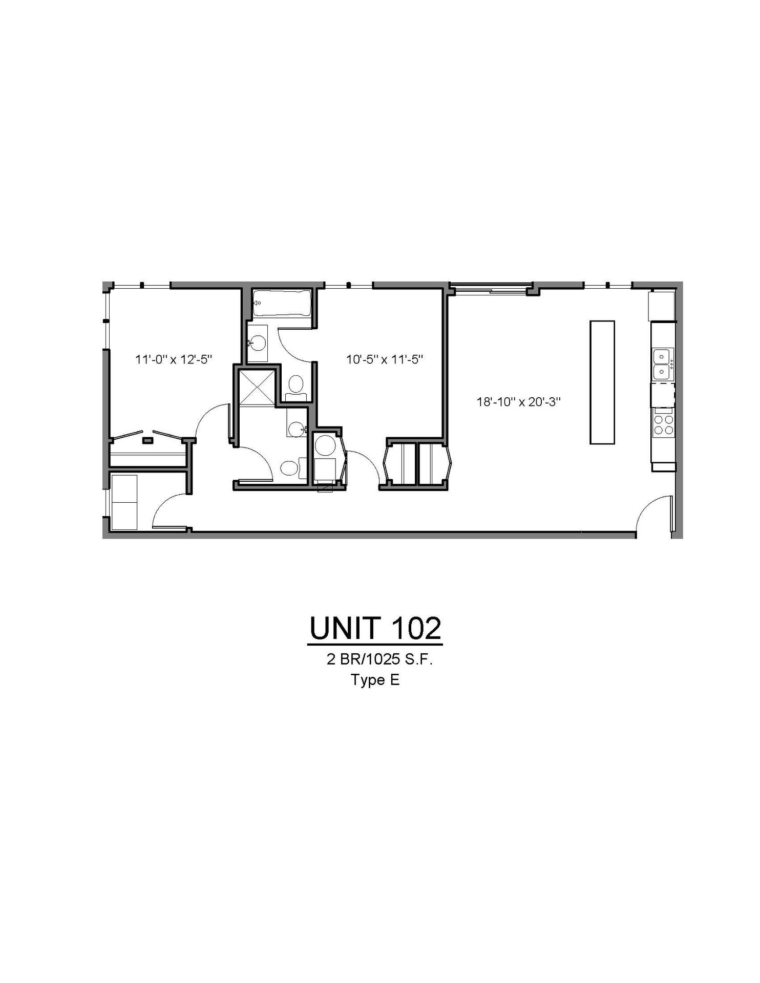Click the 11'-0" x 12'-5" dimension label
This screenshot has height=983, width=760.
(174, 359)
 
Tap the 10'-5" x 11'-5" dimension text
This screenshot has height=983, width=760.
(385, 359)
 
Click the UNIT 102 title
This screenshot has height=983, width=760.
(375, 628)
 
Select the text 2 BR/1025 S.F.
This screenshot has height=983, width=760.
(379, 660)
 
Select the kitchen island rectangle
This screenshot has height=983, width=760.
(602, 382)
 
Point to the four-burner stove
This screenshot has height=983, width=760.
(663, 423)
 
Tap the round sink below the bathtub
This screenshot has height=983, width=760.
(259, 342)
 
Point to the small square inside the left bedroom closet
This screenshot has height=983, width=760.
(147, 440)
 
